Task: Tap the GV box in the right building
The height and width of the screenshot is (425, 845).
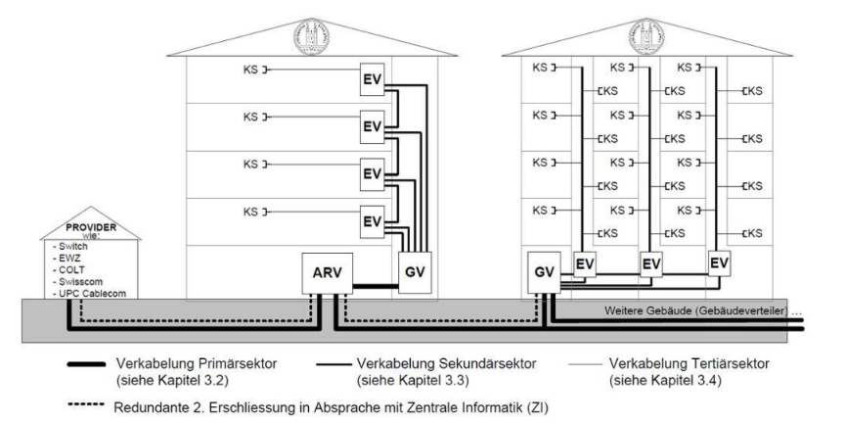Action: [546, 270]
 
